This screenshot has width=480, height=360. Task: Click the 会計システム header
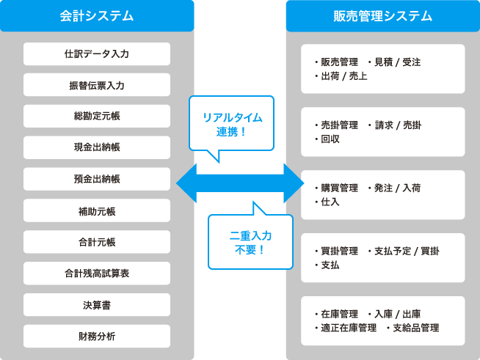[x=97, y=15]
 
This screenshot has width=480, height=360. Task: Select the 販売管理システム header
[x=382, y=15]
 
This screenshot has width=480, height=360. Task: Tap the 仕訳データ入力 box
[x=97, y=54]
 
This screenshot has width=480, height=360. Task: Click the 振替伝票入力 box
[x=97, y=85]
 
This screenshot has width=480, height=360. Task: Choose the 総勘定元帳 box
[x=97, y=117]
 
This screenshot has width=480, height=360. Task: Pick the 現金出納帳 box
[x=97, y=147]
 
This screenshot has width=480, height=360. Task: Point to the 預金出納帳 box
[x=97, y=179]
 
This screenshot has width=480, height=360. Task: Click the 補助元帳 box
[x=97, y=210]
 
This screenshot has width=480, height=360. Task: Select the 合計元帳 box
[x=97, y=242]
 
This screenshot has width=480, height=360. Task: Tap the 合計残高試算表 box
[x=97, y=273]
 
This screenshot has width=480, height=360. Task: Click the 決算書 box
[x=97, y=305]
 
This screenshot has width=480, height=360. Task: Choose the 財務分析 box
[x=97, y=337]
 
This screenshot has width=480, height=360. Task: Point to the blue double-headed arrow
[x=240, y=183]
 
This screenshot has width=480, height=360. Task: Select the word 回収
[x=326, y=139]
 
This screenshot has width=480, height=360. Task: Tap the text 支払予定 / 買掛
[x=403, y=251]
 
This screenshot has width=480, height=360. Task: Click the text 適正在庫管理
[x=344, y=328]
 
